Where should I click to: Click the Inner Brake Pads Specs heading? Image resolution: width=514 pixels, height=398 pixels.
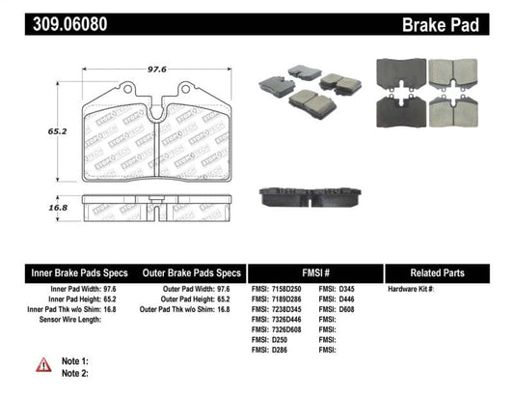pyautogui.click(x=65, y=272)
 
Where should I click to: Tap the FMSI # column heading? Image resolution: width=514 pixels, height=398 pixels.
pyautogui.click(x=314, y=272)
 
